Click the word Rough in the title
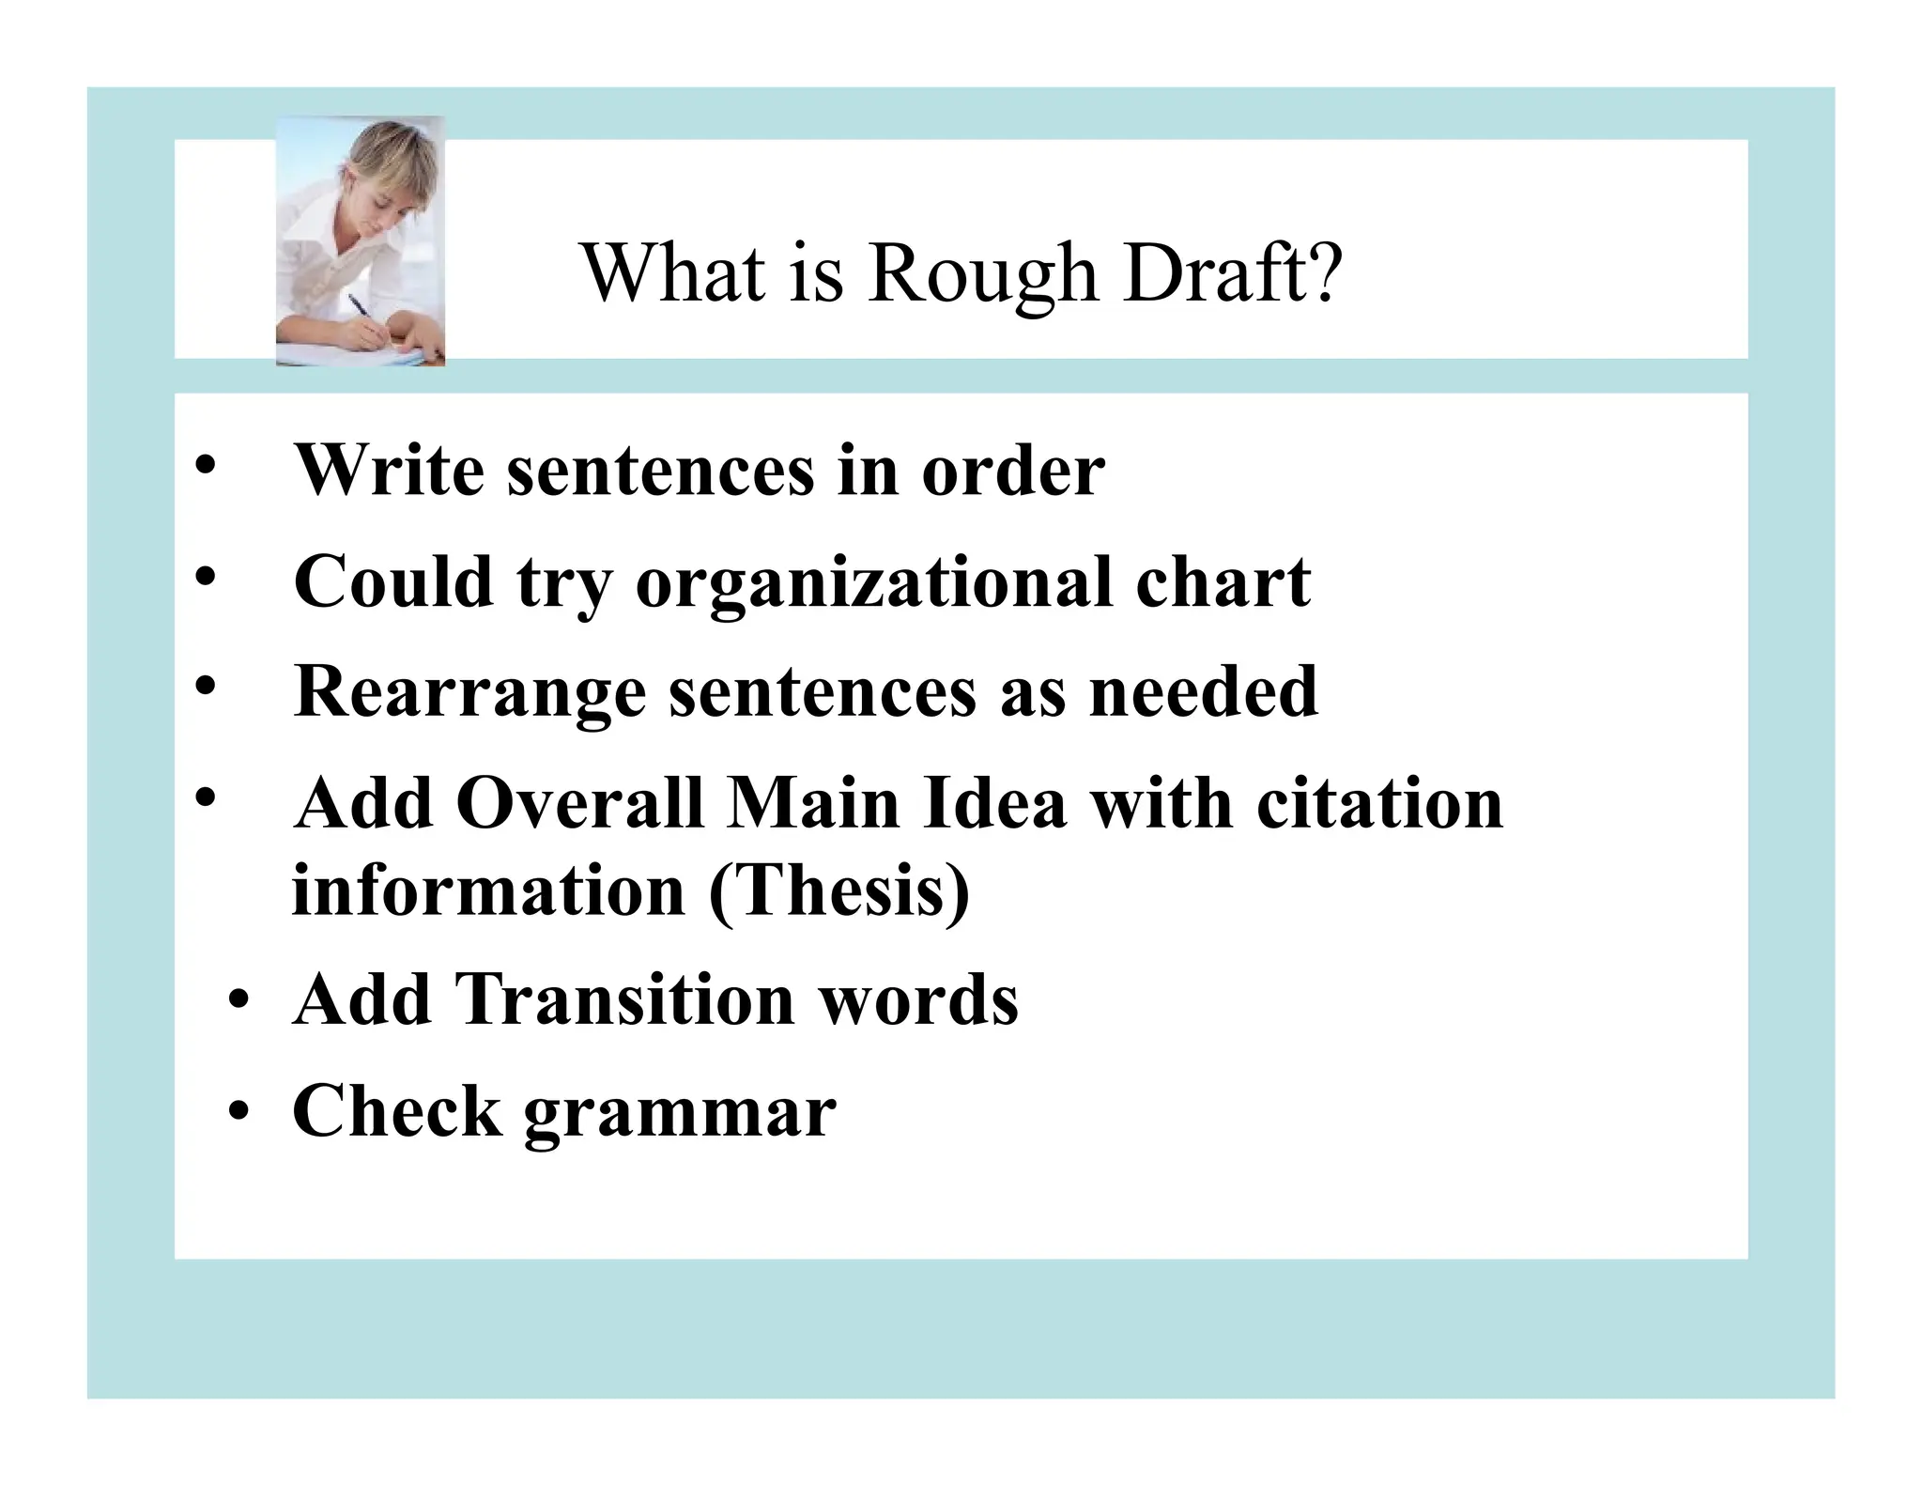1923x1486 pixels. click(x=982, y=274)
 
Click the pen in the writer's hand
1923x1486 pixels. click(x=362, y=311)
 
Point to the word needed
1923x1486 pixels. click(x=1203, y=690)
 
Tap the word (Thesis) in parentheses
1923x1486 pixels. click(x=838, y=890)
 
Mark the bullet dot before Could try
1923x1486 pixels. click(x=205, y=577)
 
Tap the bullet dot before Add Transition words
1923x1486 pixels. click(x=241, y=1002)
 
